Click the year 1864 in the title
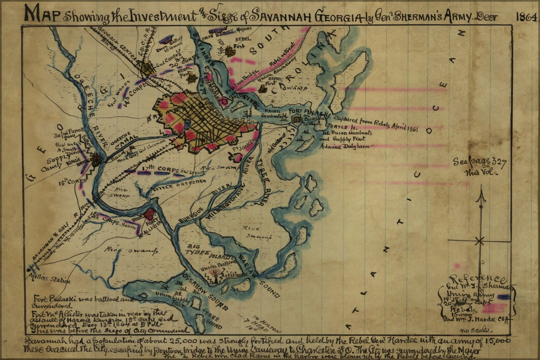pos(526,17)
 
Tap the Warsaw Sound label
pos(259,275)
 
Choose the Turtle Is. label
pos(336,126)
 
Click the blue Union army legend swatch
pos(503,297)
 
